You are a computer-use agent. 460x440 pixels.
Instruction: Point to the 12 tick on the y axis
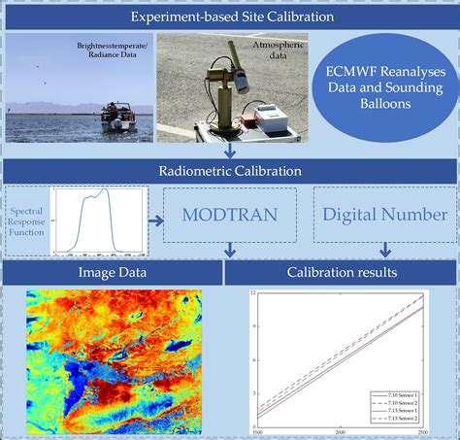point(252,293)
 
